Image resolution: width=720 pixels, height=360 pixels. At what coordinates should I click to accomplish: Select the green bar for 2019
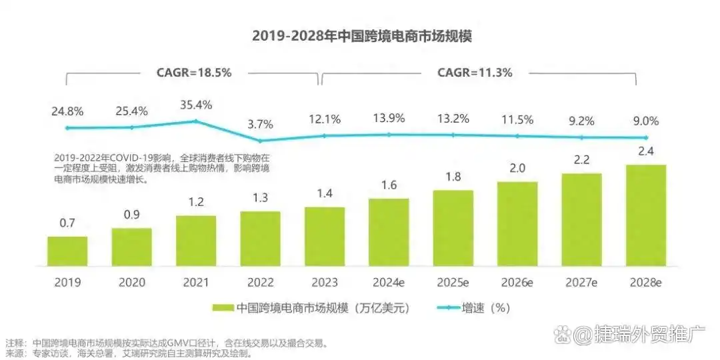(67, 251)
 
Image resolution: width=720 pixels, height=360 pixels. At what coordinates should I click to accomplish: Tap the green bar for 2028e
(645, 215)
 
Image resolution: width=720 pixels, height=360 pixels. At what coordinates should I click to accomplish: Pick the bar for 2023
(325, 236)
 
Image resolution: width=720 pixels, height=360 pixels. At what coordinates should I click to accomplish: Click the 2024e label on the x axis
(389, 282)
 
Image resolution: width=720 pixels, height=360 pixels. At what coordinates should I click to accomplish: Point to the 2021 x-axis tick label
(196, 282)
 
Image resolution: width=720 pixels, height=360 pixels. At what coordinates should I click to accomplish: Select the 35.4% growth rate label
(196, 105)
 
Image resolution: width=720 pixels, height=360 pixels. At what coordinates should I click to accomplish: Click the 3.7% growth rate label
(261, 124)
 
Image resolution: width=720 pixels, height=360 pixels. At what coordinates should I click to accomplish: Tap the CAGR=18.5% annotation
(193, 73)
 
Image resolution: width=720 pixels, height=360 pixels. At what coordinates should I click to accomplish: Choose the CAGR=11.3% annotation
(475, 73)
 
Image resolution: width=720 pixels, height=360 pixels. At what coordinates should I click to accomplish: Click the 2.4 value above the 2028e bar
(645, 151)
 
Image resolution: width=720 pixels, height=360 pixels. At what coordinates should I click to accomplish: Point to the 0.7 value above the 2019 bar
(67, 223)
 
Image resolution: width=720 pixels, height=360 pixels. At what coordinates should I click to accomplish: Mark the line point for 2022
(261, 140)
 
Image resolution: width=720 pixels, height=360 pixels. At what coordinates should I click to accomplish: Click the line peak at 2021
(196, 121)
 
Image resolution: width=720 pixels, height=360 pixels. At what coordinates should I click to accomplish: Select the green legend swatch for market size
(223, 308)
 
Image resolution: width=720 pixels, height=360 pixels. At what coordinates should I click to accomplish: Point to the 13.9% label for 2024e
(389, 119)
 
